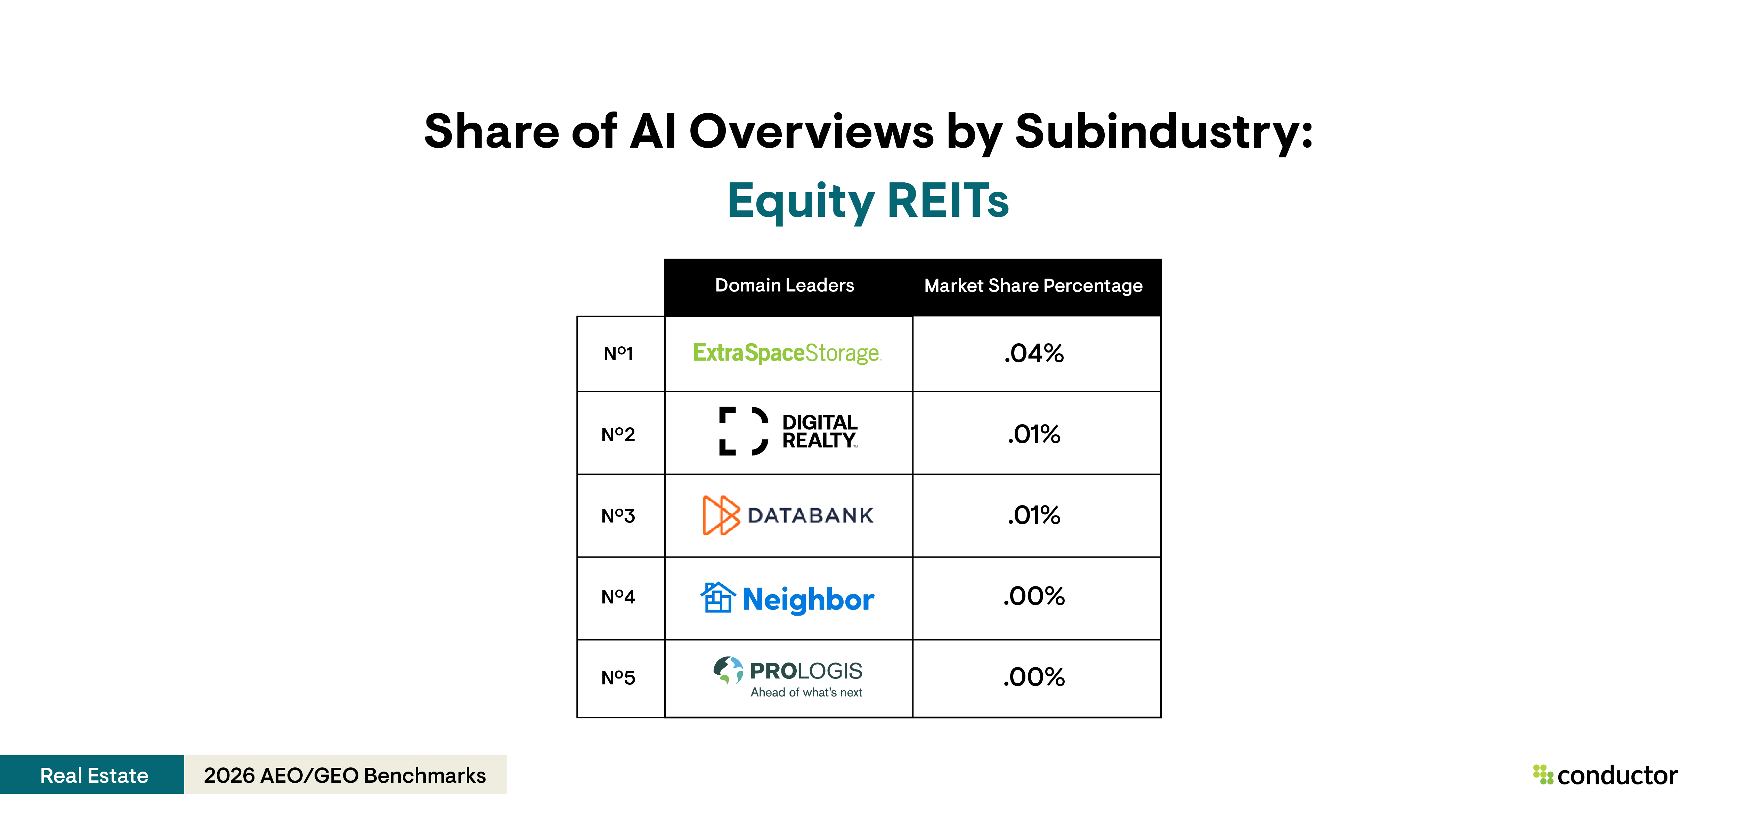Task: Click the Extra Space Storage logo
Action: pos(787,353)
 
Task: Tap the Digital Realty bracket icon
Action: pos(743,431)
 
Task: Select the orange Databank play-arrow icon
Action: pos(721,515)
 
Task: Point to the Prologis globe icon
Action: pos(728,670)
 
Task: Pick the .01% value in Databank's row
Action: pos(1034,515)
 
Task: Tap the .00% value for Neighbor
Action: pos(1034,596)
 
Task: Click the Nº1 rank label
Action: pos(618,353)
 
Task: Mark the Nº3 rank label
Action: pos(618,516)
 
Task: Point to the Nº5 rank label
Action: pos(618,678)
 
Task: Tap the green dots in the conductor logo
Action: pos(1542,774)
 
